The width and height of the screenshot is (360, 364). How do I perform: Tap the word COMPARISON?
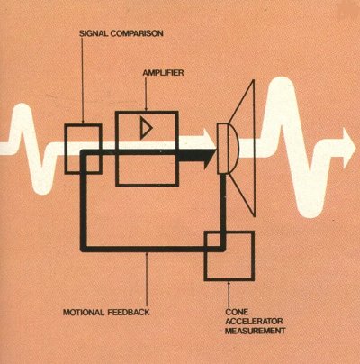coord(137,33)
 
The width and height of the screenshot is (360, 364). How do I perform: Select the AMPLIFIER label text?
coord(163,73)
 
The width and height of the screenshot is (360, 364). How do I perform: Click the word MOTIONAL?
coord(84,313)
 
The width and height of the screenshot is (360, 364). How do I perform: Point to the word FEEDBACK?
coord(128,313)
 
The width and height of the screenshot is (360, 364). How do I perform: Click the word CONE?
coord(237,312)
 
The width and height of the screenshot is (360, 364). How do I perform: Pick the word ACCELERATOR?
coord(254,322)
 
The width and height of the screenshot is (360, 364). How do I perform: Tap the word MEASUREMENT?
coord(255,331)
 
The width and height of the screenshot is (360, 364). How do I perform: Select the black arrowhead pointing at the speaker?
coord(210,154)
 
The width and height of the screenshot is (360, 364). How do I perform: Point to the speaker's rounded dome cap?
coord(233,149)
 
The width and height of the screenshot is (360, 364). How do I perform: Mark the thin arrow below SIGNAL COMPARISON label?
coord(82,81)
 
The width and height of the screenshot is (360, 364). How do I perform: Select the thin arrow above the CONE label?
coord(229,294)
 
